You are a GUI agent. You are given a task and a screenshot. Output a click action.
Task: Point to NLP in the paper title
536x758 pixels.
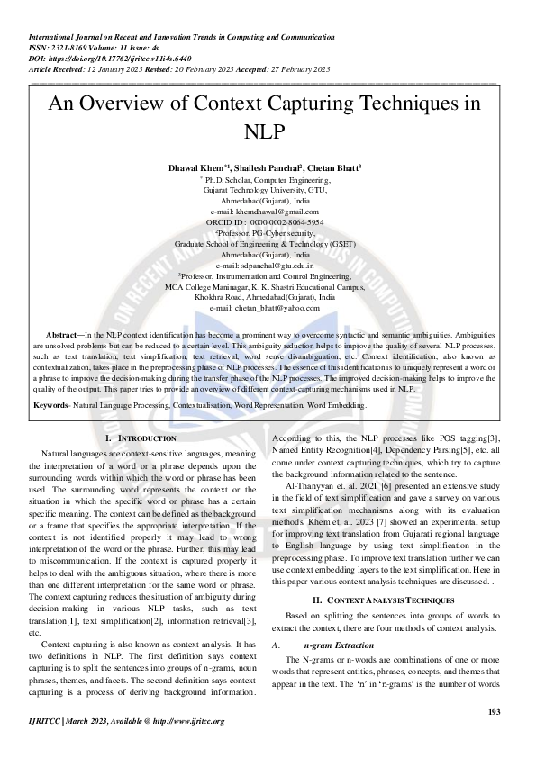tap(268, 131)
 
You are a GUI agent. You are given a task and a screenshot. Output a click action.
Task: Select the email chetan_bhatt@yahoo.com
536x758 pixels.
tap(268, 308)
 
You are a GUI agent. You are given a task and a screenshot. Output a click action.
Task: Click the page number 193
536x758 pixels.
tap(494, 713)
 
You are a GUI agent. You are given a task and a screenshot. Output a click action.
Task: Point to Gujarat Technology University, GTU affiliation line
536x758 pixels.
tap(268, 190)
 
